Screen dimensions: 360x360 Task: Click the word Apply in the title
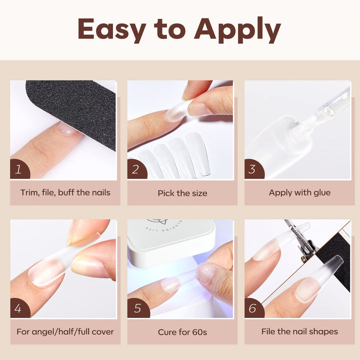coord(237,30)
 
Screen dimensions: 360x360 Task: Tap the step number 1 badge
coord(19,169)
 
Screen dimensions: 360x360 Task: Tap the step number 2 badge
coord(136,169)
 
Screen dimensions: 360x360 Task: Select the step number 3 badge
coord(253,169)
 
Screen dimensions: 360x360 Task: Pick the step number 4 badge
coord(19,308)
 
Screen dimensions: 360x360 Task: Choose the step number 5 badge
coord(136,308)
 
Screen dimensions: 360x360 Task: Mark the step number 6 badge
coord(253,308)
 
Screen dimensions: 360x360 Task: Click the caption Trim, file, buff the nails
coord(65,192)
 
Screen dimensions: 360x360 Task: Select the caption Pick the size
coord(182,193)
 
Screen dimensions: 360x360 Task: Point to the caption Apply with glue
coord(299,192)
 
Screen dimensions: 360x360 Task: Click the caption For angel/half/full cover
coord(65,331)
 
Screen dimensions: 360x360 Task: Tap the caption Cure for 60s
coord(182,332)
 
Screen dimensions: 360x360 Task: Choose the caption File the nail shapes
coord(299,331)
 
